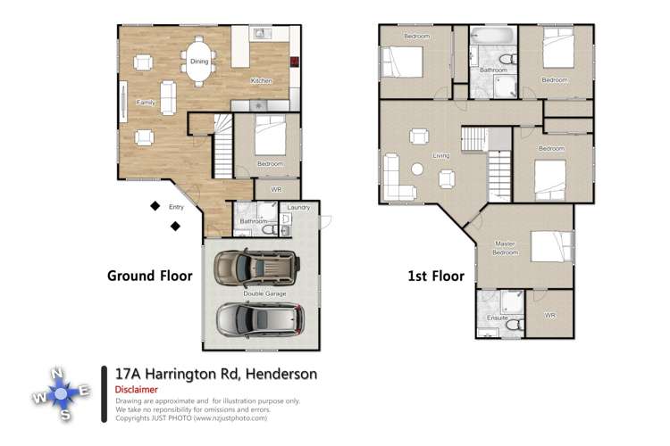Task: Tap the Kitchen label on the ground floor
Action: click(261, 81)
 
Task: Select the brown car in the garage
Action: click(255, 266)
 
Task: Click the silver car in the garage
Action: click(257, 318)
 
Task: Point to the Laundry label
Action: click(298, 208)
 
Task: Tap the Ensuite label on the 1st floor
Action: click(497, 318)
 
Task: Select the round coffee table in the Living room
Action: click(416, 169)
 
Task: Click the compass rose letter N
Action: click(56, 373)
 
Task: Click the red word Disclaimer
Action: click(137, 390)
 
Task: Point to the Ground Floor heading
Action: click(149, 276)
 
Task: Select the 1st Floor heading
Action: click(435, 276)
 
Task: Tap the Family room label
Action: click(145, 103)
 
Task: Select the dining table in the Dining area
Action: click(199, 62)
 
